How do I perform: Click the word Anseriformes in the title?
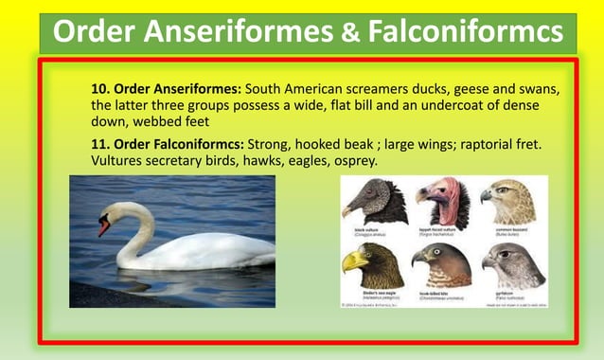point(236,32)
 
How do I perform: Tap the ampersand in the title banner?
point(349,32)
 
